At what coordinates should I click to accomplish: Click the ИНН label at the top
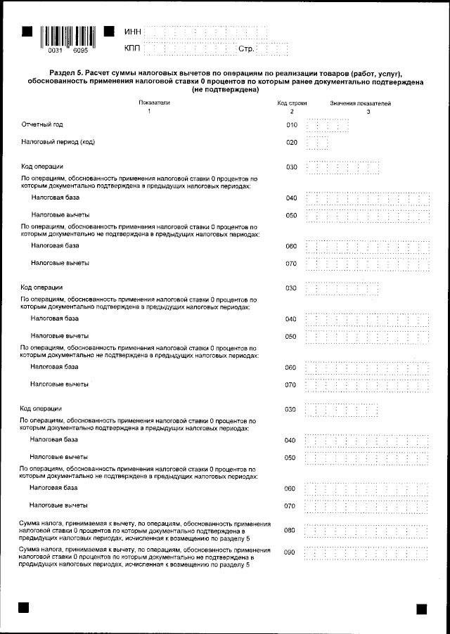click(x=132, y=32)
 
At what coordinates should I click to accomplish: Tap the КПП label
click(x=132, y=48)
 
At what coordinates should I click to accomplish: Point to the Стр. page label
click(x=246, y=49)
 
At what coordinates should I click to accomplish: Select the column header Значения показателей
click(x=361, y=103)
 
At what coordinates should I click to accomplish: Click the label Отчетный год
click(x=42, y=124)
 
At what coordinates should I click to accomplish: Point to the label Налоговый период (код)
click(x=58, y=142)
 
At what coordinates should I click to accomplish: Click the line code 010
click(x=291, y=125)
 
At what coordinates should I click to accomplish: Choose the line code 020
click(x=291, y=143)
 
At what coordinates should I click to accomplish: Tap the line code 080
click(x=289, y=530)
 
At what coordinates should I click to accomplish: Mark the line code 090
click(x=289, y=552)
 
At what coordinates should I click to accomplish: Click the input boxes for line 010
click(x=328, y=126)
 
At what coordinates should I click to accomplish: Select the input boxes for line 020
click(x=318, y=143)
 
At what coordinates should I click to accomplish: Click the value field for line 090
click(x=366, y=553)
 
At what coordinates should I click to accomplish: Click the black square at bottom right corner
click(x=422, y=609)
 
